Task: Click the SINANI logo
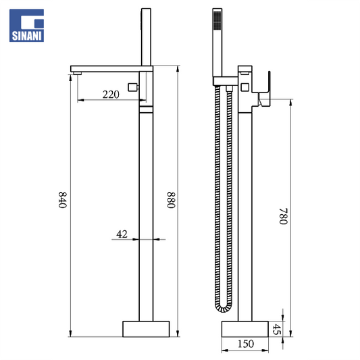pyautogui.click(x=26, y=26)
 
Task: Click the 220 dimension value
pyautogui.click(x=111, y=95)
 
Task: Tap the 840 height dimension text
pyautogui.click(x=62, y=200)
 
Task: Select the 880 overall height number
pyautogui.click(x=172, y=200)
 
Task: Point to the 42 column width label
pyautogui.click(x=122, y=234)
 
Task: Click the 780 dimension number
pyautogui.click(x=283, y=216)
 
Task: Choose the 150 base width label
pyautogui.click(x=246, y=344)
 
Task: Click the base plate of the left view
pyautogui.click(x=146, y=329)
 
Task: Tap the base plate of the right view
pyautogui.click(x=245, y=329)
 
